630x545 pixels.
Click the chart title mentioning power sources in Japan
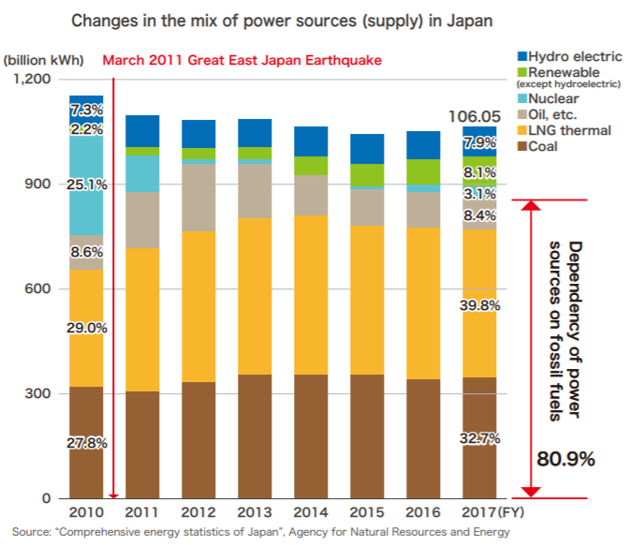coord(315,18)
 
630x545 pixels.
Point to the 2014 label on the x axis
coord(311,512)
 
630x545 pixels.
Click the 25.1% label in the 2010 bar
coord(86,184)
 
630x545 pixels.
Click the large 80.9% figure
coord(566,460)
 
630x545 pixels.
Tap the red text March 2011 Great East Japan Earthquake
coord(242,61)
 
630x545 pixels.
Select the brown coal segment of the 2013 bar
coord(255,435)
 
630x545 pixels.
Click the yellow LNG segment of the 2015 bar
coord(367,300)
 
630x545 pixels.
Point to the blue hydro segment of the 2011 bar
coord(142,130)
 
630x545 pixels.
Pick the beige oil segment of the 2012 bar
coord(198,198)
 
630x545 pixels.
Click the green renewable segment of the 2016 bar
coord(422,171)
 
